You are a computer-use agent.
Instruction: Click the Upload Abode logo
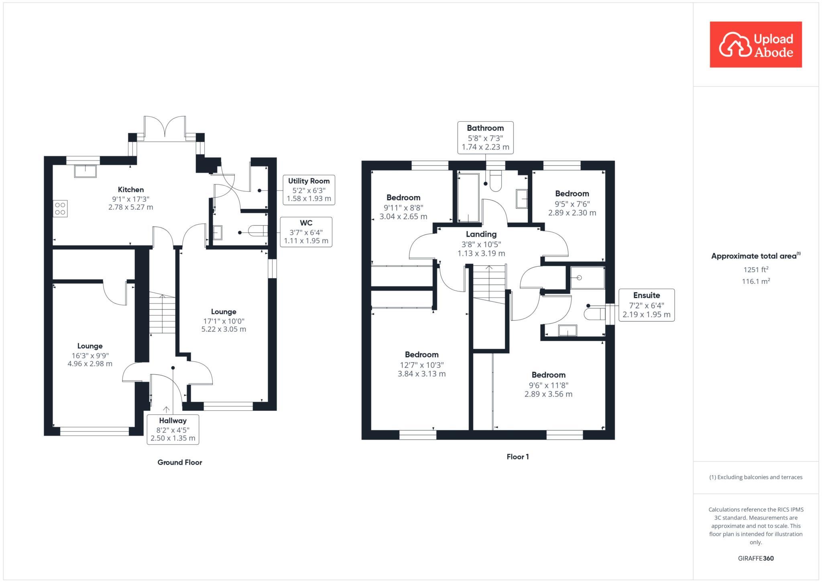click(x=755, y=45)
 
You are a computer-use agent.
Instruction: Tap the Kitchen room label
click(x=130, y=190)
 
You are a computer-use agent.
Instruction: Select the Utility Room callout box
click(x=309, y=190)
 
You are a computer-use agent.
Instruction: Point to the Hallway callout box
click(x=173, y=429)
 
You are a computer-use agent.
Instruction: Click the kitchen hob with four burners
click(x=60, y=209)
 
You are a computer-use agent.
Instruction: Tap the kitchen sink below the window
click(x=85, y=171)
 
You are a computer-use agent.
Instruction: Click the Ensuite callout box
click(x=646, y=305)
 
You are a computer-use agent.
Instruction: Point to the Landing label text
click(x=481, y=234)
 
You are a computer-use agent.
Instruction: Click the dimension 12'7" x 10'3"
click(x=421, y=365)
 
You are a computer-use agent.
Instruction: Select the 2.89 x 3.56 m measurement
click(x=548, y=394)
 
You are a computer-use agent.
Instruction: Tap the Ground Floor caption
click(x=179, y=462)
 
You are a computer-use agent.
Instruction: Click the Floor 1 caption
click(x=517, y=457)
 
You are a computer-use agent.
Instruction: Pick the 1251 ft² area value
click(x=755, y=270)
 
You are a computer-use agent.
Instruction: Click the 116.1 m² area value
click(x=755, y=281)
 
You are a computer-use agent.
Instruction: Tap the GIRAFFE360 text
click(x=755, y=558)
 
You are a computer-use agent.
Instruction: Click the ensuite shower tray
click(x=588, y=278)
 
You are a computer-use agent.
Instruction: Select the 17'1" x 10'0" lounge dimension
click(x=224, y=321)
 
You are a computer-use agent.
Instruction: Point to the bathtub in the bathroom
click(x=468, y=197)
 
